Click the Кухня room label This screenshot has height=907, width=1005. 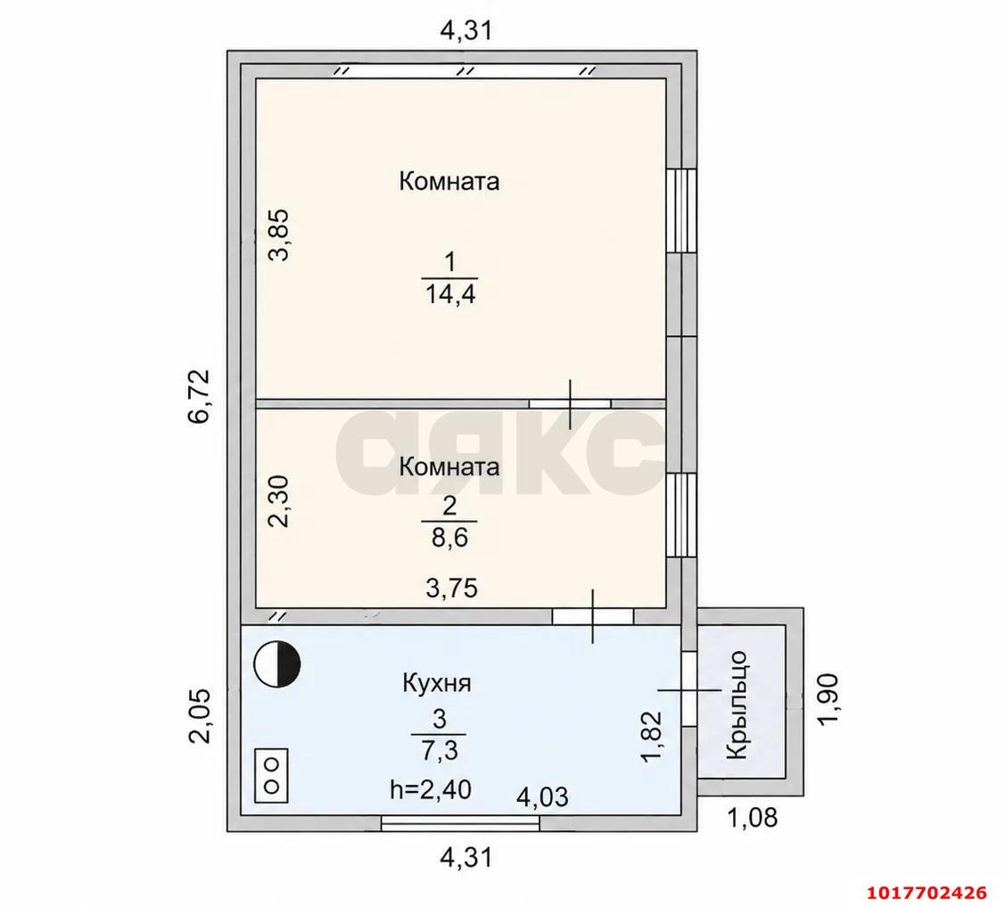coord(436,683)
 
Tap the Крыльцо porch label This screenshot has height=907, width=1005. coord(737,705)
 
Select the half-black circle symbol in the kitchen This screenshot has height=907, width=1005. coord(276,664)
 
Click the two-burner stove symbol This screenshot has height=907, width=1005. coord(271,775)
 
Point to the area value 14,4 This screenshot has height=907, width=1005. coord(450,294)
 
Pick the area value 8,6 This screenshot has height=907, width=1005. coord(449,537)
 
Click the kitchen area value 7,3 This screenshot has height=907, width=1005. coord(439,749)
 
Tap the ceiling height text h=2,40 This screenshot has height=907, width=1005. coord(431,788)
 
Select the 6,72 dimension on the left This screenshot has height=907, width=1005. coord(199,395)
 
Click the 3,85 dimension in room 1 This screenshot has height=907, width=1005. coord(279,235)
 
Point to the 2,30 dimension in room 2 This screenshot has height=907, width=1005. coord(279,500)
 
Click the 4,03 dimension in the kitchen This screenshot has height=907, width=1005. coord(542,796)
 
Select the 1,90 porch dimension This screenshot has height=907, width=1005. coord(827,698)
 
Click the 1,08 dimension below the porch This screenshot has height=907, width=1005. coord(752,817)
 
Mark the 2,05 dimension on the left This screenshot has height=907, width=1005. coord(199,716)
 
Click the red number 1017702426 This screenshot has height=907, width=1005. coord(927,892)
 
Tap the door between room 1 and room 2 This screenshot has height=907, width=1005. coord(570,404)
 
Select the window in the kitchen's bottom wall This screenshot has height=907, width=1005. coord(460,824)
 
